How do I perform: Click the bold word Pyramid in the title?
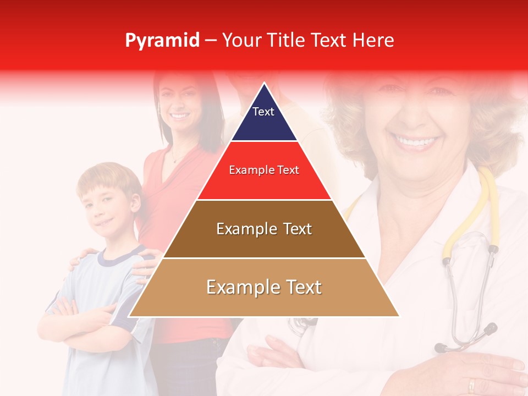162,41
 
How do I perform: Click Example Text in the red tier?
264,170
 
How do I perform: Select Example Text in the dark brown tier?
264,229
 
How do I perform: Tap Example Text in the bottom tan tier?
264,287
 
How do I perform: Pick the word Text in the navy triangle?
263,112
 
